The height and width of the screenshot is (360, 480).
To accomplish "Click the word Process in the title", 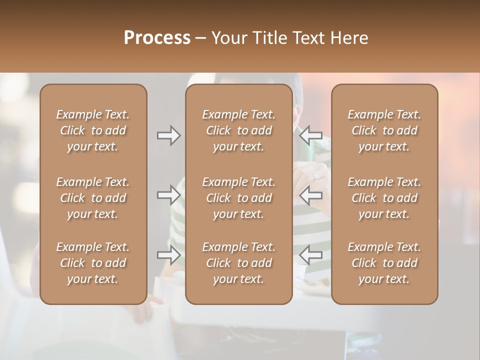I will click(x=157, y=38).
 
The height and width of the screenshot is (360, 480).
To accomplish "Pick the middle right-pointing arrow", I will click(x=169, y=195).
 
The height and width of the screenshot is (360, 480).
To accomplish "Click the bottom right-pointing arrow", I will click(x=169, y=255).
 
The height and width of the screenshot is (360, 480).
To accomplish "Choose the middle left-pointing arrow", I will click(x=311, y=195).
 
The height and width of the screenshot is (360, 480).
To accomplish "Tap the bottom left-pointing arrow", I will click(x=311, y=255).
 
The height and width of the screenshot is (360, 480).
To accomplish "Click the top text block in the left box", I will click(x=93, y=130).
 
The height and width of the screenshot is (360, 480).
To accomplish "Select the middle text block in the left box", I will click(x=93, y=198).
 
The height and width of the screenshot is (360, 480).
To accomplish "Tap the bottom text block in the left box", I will click(x=93, y=263).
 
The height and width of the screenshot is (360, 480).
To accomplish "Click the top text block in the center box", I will click(x=239, y=130).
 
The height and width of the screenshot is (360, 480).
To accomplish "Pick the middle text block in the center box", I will click(x=239, y=198).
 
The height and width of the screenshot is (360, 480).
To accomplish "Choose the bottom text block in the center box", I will click(x=239, y=263).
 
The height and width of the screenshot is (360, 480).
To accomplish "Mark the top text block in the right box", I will click(x=384, y=130).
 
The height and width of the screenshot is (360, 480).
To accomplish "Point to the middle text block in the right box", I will click(x=384, y=198).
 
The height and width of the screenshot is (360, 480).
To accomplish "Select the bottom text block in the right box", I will click(x=384, y=263).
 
